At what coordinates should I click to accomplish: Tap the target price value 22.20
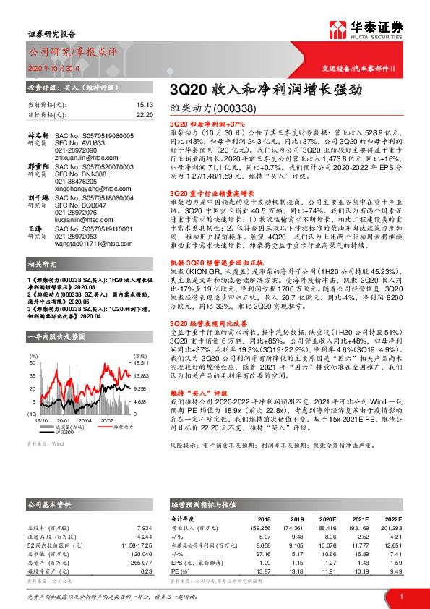click(x=145, y=114)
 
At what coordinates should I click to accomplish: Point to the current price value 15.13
click(x=145, y=104)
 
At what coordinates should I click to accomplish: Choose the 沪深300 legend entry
click(x=66, y=432)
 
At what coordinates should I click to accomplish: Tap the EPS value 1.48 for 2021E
click(x=360, y=561)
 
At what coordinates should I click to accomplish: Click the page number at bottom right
click(x=400, y=596)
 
